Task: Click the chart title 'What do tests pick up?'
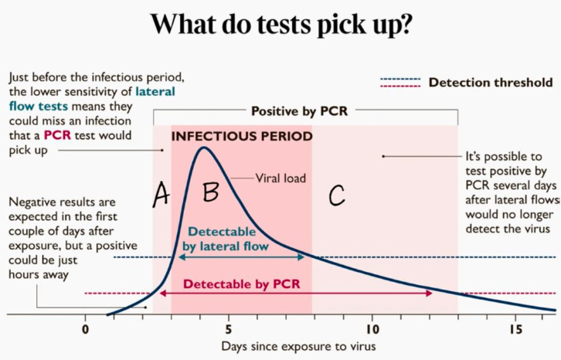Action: click(280, 25)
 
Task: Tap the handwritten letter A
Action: click(161, 195)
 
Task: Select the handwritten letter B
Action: click(210, 192)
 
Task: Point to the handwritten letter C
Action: click(336, 196)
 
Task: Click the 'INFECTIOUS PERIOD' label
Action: click(241, 137)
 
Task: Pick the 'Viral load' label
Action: click(280, 178)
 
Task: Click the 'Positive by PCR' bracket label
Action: click(299, 111)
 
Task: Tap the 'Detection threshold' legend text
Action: click(491, 83)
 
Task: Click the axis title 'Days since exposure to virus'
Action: click(299, 346)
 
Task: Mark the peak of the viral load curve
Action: click(204, 148)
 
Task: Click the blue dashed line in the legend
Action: click(399, 79)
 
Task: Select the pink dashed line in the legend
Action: click(399, 87)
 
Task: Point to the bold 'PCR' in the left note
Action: click(59, 135)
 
